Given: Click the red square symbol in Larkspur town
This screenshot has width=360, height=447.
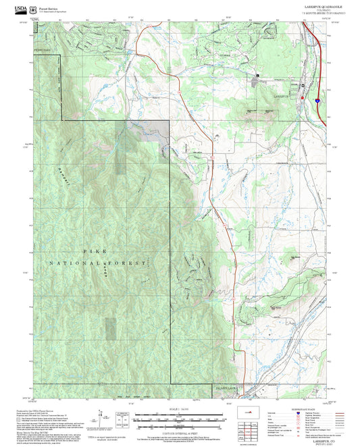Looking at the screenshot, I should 303,86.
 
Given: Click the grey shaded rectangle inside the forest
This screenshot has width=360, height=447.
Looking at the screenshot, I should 120,145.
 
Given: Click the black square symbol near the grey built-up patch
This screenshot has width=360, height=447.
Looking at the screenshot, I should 257,74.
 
